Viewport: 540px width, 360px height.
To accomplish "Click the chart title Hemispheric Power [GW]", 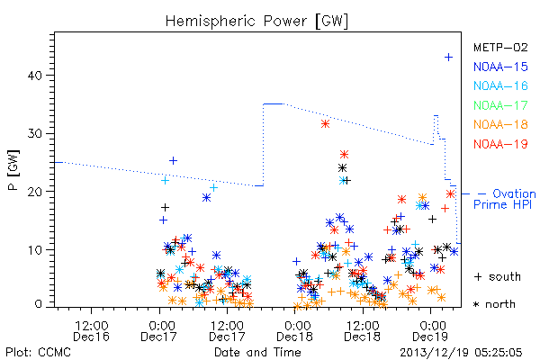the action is [256, 22].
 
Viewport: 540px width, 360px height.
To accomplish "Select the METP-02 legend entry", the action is [500, 47].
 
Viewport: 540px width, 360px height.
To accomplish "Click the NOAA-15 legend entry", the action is [500, 67].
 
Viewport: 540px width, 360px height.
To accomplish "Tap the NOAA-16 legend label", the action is [500, 85].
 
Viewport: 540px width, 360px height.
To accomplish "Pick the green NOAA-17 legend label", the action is [500, 105].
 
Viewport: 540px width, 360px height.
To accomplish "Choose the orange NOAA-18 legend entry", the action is [500, 124].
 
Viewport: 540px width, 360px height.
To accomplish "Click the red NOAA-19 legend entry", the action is [500, 144].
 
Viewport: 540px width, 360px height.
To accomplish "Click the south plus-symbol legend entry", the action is [498, 276].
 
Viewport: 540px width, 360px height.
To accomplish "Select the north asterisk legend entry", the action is [494, 304].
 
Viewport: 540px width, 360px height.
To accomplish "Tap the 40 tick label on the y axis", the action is [35, 76].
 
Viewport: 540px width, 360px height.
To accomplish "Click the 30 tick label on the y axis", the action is [35, 134].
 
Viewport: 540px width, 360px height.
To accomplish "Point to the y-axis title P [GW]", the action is [13, 170].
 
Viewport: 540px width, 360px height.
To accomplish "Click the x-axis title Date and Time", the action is [257, 353].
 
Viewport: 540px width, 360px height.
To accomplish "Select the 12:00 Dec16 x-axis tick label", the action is [91, 330].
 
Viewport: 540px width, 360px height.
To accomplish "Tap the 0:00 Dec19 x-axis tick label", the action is [430, 330].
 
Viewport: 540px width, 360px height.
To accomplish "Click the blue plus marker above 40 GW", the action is [448, 58].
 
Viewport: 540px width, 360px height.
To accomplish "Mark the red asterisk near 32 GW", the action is [325, 124].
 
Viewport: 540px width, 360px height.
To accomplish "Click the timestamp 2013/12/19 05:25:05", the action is [461, 353].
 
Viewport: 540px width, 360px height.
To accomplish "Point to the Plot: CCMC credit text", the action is [38, 353].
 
